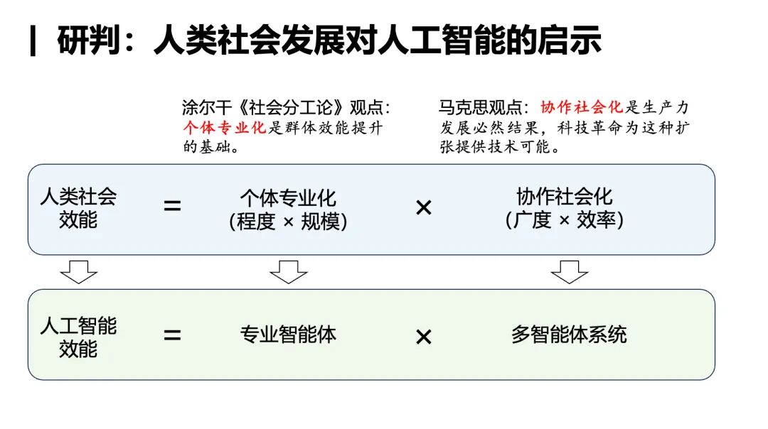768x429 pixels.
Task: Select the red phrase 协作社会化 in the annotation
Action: coord(582,107)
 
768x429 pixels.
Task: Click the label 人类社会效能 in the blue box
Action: coord(78,207)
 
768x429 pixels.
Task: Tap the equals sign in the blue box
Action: coord(172,207)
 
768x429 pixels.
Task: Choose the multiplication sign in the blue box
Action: coord(423,208)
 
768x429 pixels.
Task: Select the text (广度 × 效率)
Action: coord(565,220)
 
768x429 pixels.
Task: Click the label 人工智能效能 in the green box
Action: coord(78,337)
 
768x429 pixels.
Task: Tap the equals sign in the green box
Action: coord(172,335)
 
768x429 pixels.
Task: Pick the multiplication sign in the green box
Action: coord(423,337)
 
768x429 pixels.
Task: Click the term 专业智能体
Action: coord(288,335)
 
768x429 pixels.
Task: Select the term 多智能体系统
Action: coord(569,335)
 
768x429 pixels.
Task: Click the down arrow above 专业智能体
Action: coord(288,271)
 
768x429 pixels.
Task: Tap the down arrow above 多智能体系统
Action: coord(570,271)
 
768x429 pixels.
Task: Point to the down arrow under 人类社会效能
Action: coord(78,271)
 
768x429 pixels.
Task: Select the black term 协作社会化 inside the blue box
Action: coord(565,197)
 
